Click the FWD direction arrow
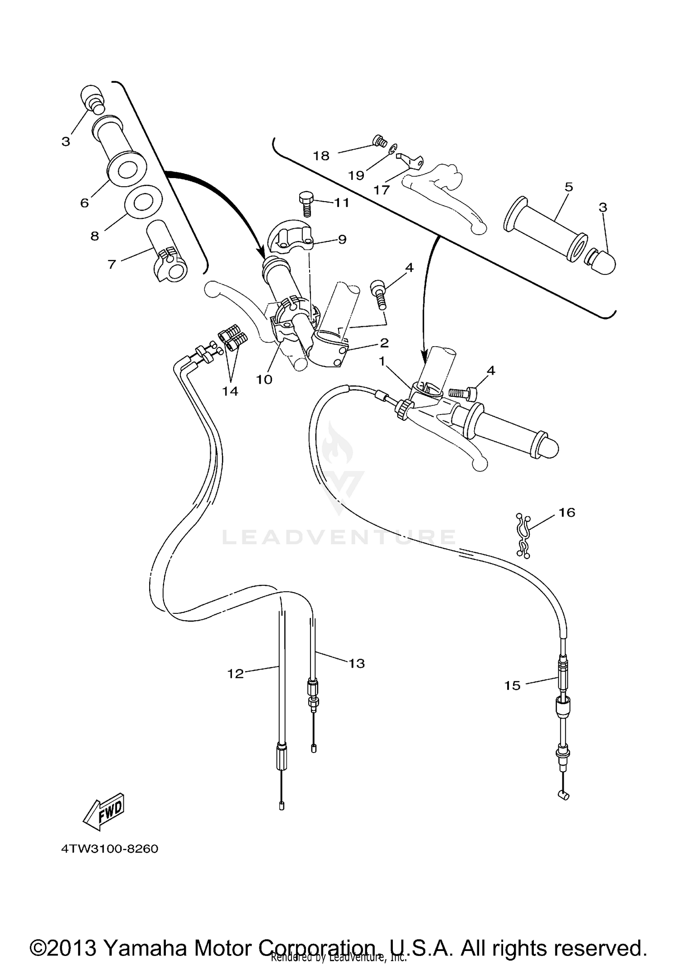(x=104, y=811)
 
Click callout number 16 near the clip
(x=567, y=513)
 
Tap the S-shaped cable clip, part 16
(x=523, y=536)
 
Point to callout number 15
(x=513, y=686)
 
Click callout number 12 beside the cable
(x=235, y=673)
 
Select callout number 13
(x=357, y=664)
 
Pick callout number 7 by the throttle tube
(x=112, y=264)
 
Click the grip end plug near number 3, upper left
(x=92, y=98)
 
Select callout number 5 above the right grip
(x=569, y=187)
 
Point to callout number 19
(x=356, y=175)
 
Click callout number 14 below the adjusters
(x=230, y=391)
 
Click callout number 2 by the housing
(x=384, y=343)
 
